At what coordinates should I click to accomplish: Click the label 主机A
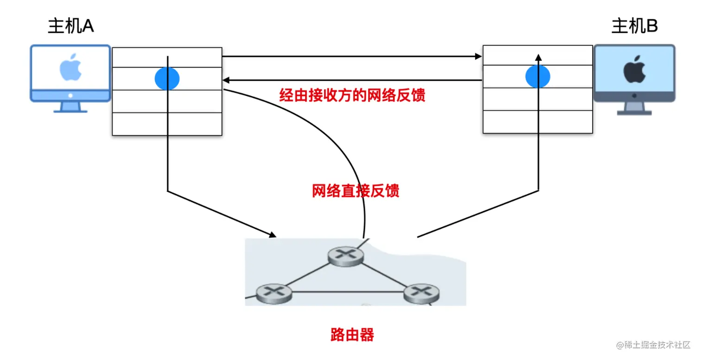pyautogui.click(x=71, y=26)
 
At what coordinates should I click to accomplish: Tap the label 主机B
pyautogui.click(x=634, y=26)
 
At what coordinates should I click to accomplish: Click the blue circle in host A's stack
pyautogui.click(x=167, y=78)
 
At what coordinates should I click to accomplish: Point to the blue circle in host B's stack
pyautogui.click(x=538, y=76)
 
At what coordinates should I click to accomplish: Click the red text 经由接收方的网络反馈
pyautogui.click(x=352, y=95)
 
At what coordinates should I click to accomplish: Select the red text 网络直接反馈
pyautogui.click(x=356, y=190)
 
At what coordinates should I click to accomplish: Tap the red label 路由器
pyautogui.click(x=352, y=335)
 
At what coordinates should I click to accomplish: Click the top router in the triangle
pyautogui.click(x=345, y=255)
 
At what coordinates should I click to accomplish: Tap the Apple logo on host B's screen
pyautogui.click(x=634, y=71)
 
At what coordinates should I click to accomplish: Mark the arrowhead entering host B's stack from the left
pyautogui.click(x=479, y=57)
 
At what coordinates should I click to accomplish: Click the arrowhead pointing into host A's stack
pyautogui.click(x=225, y=80)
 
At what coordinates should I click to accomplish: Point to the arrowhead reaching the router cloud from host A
pyautogui.click(x=272, y=235)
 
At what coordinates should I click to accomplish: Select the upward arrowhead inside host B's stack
pyautogui.click(x=538, y=57)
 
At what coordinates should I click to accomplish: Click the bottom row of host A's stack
pyautogui.click(x=167, y=124)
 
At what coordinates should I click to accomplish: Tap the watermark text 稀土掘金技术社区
pyautogui.click(x=654, y=346)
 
